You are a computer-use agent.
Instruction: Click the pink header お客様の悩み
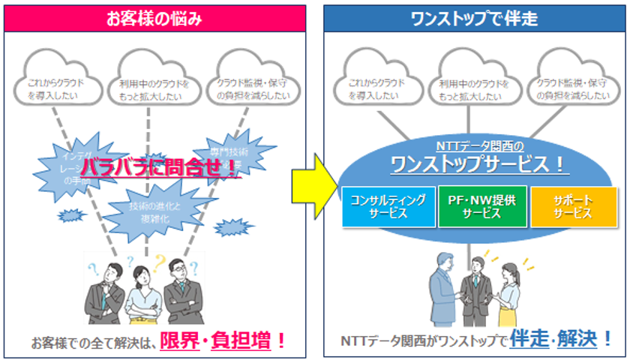point(155,16)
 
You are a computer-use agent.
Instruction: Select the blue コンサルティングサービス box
point(388,206)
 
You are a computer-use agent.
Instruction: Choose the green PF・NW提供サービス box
point(481,206)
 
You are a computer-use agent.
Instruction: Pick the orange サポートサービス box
point(574,206)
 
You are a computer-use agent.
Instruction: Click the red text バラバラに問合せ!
point(159,167)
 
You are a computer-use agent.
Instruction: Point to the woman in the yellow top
point(507,289)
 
